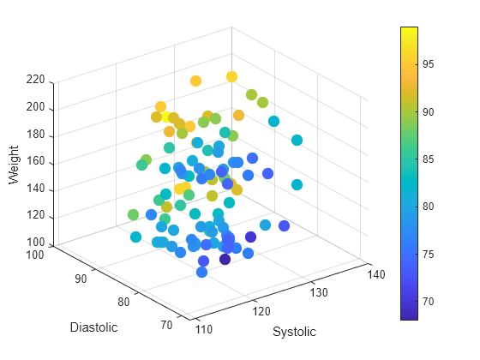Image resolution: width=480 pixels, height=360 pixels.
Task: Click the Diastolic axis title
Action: click(x=93, y=327)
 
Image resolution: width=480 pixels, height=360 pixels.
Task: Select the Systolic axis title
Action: click(x=294, y=332)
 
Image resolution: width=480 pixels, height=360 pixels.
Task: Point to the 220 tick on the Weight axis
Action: click(x=35, y=81)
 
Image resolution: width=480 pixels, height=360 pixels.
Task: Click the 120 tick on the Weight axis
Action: click(x=35, y=217)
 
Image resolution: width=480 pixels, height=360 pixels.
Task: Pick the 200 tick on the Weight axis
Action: click(x=35, y=108)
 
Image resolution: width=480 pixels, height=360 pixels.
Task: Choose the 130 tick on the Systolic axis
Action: click(x=319, y=292)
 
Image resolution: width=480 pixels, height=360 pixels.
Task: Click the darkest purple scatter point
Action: click(x=225, y=259)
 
